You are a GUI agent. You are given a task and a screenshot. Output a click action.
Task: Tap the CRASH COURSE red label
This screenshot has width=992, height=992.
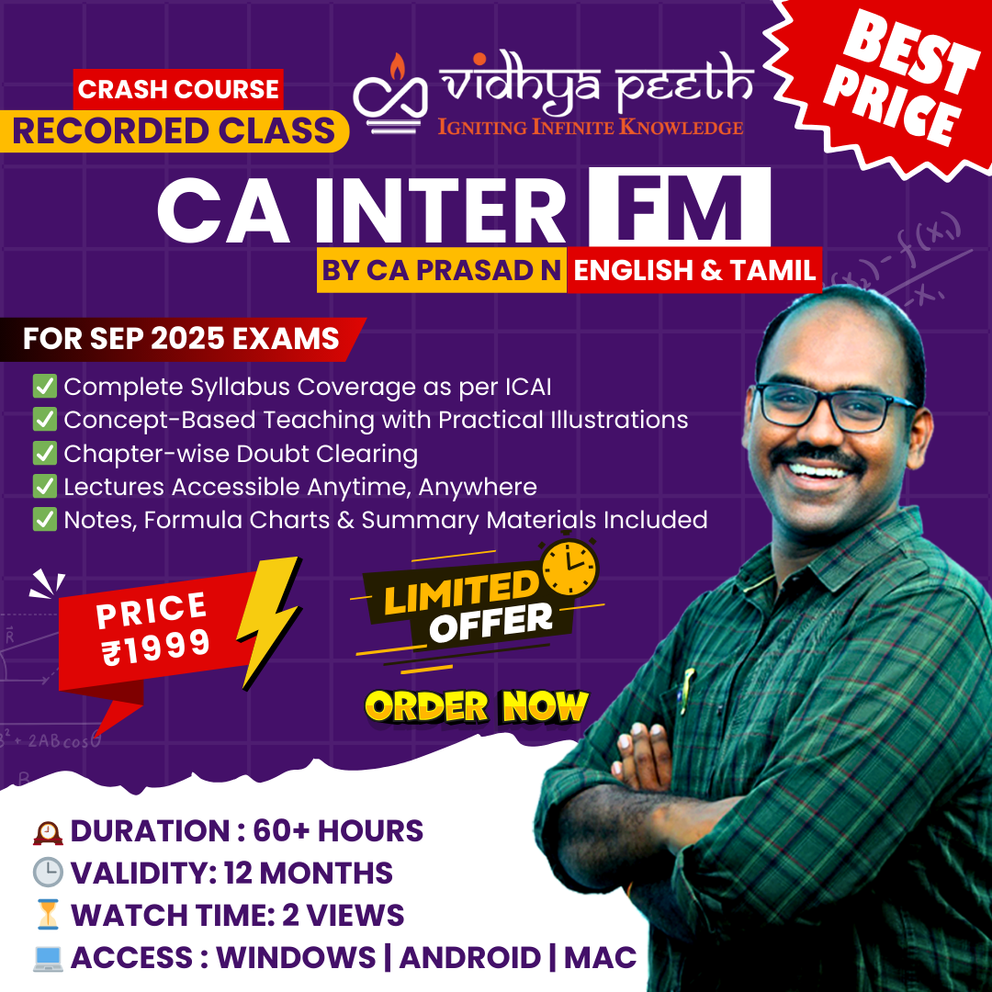[178, 89]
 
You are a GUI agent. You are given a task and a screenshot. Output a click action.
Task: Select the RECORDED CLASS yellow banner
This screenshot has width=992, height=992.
[174, 131]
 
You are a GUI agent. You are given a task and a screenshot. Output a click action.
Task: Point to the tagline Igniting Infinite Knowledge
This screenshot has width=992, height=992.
[591, 127]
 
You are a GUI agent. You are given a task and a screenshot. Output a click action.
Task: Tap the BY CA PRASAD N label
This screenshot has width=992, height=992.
[441, 270]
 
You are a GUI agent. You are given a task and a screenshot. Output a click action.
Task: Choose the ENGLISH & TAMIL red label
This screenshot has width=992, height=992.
[694, 270]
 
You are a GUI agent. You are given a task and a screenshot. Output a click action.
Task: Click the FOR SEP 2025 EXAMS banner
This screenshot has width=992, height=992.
[181, 338]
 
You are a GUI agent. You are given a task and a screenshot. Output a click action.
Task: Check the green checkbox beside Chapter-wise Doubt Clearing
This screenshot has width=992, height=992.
[45, 453]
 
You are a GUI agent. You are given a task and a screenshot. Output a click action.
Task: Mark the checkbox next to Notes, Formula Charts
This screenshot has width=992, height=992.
[45, 519]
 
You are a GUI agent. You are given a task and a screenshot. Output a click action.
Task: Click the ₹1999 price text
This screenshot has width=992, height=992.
[156, 648]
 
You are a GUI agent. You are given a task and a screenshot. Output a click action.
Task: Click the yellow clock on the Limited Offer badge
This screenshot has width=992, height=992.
[569, 568]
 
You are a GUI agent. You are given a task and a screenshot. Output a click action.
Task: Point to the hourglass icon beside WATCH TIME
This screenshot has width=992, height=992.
[48, 915]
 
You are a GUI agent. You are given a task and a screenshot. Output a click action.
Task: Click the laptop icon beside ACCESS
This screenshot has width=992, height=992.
[48, 958]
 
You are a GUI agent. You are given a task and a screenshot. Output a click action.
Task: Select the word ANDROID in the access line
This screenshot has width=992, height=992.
[469, 957]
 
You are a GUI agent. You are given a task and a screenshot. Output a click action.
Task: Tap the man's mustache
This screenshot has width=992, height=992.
[818, 457]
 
